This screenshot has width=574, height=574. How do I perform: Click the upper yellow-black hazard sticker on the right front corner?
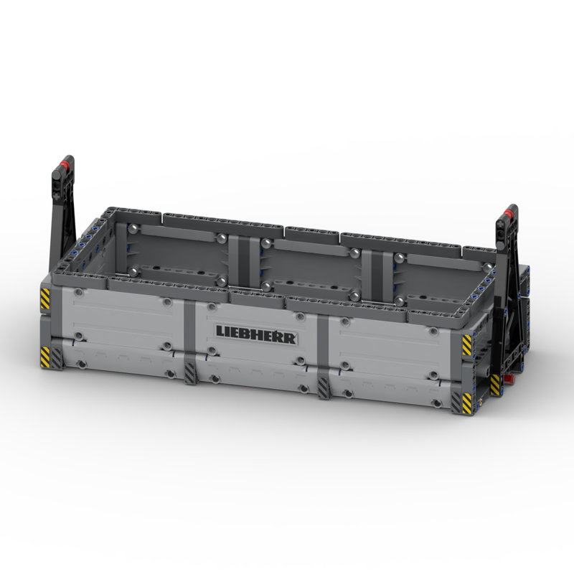pyautogui.click(x=467, y=345)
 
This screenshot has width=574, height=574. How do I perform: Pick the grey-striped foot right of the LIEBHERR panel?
pyautogui.click(x=324, y=387)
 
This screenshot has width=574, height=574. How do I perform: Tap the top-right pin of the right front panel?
pyautogui.click(x=434, y=331)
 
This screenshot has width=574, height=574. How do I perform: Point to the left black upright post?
pyautogui.click(x=60, y=215)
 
